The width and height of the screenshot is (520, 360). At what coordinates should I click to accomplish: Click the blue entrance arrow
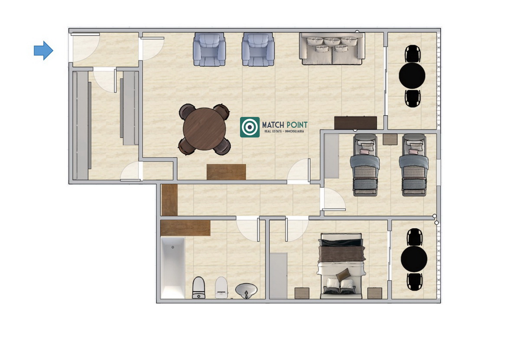44,50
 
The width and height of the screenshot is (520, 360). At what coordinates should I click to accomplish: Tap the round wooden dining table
204,129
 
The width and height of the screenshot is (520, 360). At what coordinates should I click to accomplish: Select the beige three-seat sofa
332,49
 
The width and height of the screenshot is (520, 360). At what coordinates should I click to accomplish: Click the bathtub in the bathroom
173,268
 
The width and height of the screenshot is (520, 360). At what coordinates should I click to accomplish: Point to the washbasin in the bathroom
246,290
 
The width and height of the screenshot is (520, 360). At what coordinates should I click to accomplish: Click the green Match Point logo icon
250,127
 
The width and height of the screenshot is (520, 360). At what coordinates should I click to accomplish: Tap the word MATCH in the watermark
273,125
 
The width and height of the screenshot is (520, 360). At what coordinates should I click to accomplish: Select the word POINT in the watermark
297,125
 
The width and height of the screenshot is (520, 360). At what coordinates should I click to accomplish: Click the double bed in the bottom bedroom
341,266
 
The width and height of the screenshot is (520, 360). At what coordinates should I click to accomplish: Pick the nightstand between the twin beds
390,139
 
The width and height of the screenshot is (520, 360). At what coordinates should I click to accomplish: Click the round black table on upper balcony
412,76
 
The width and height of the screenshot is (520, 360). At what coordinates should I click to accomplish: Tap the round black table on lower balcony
414,259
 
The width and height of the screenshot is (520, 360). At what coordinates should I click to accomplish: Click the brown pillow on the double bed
343,275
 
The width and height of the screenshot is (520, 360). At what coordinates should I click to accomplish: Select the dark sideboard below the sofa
355,123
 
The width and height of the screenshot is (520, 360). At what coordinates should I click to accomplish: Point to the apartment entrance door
85,34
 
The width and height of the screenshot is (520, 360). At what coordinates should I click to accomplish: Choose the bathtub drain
173,247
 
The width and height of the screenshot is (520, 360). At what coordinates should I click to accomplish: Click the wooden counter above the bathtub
185,228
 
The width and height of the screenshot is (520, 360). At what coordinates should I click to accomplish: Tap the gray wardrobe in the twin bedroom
331,156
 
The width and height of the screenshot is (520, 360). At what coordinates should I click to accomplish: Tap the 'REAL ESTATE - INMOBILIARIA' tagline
284,131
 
